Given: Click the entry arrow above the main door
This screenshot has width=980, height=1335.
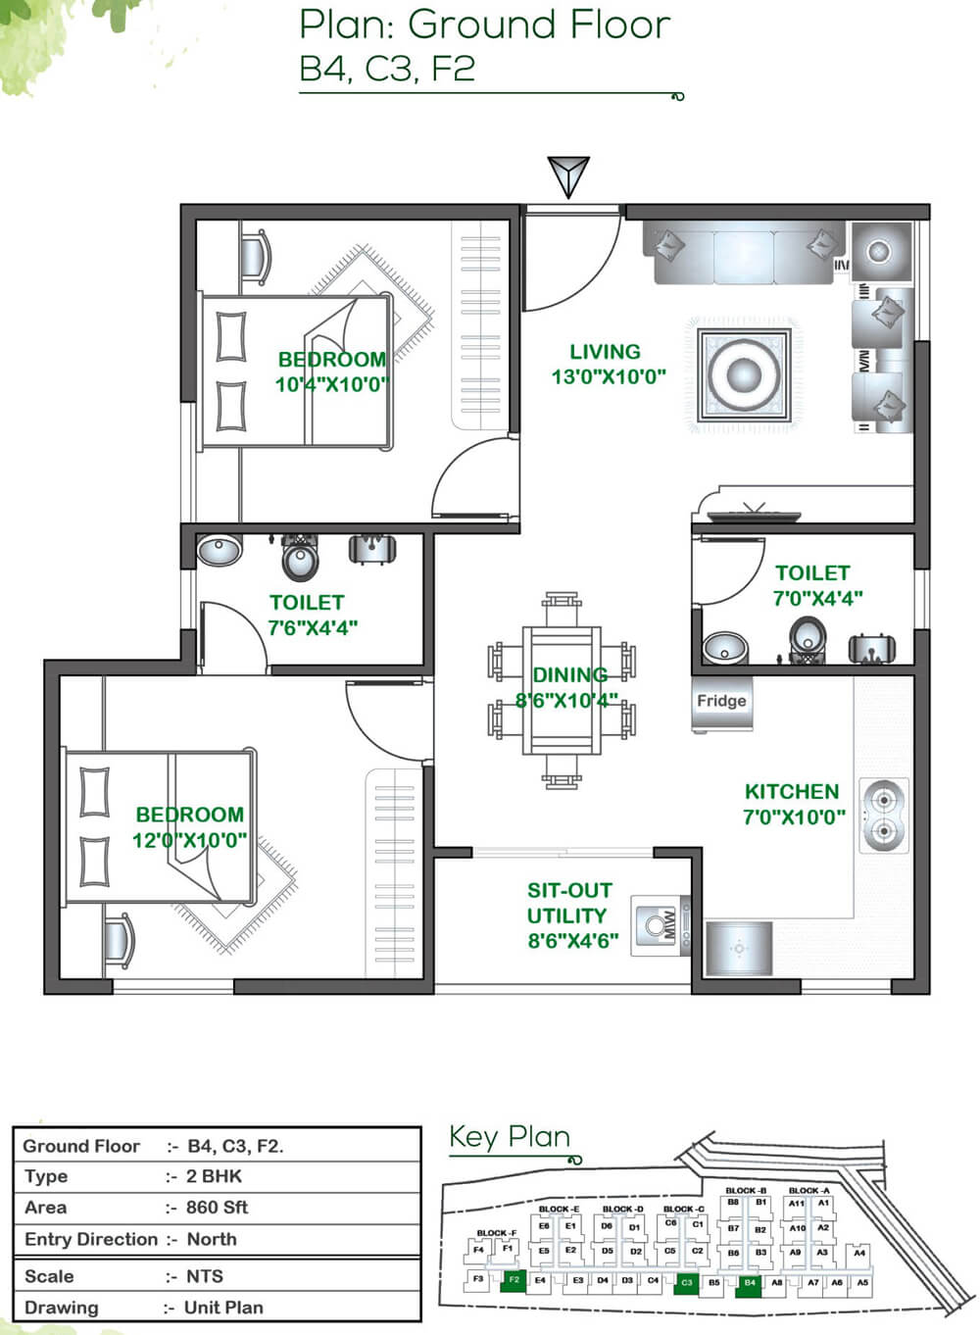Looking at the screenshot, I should pos(568,176).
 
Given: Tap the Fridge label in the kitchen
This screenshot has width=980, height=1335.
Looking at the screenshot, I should pos(721,701).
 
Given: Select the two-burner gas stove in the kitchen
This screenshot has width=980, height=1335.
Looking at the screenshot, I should pos(883,816).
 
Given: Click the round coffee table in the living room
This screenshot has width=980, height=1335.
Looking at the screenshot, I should pos(743,375).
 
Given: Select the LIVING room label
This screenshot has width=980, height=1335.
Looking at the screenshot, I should pos(606,352).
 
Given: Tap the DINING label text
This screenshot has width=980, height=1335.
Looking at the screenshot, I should pos(569,674).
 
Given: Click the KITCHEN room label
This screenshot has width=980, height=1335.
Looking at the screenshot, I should pos(792,792).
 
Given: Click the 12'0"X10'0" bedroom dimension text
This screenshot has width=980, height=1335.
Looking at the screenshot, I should pos(189,840).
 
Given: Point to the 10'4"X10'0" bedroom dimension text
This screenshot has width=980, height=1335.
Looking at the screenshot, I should pos(331,384).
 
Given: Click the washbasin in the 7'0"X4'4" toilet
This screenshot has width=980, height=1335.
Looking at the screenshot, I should pos(725,648).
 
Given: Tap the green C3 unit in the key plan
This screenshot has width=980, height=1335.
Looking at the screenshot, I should pos(686,1282).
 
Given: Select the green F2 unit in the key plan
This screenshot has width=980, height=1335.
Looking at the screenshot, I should pos(513,1280).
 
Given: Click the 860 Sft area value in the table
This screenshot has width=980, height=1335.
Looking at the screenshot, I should pos(217,1208).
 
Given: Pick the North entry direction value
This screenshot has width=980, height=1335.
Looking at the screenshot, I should pos(212,1239).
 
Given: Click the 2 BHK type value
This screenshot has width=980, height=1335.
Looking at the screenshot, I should pos(214,1176).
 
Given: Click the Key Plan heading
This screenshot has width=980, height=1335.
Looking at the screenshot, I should pos(510,1137).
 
